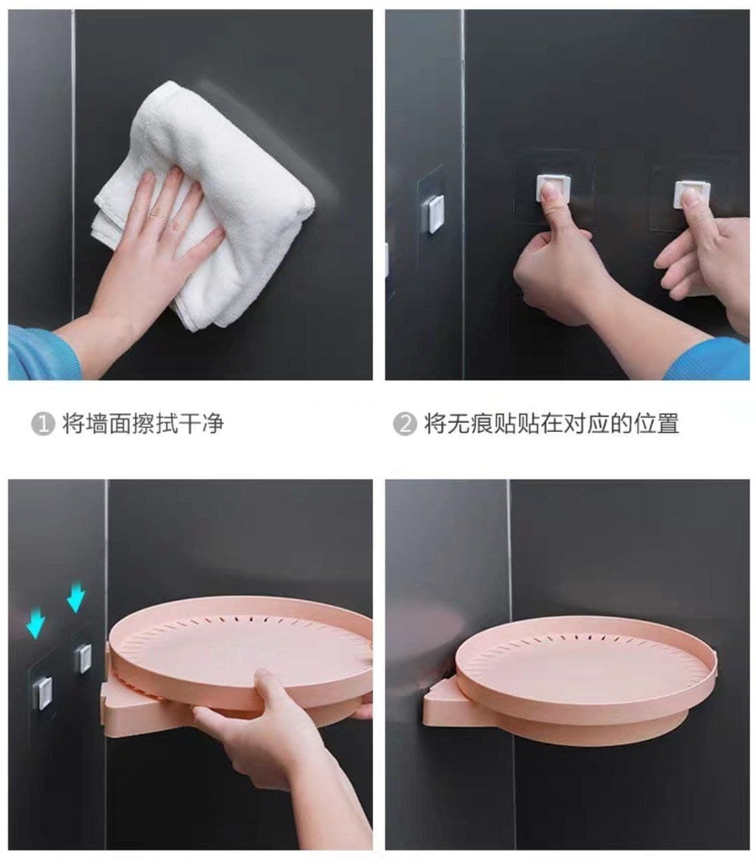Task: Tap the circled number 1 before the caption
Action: point(42,424)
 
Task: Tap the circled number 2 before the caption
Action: point(404,424)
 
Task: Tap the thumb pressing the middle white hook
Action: point(551,205)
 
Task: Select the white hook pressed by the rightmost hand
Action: point(691,193)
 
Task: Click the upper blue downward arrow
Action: point(76,597)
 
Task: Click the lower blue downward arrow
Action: point(35,623)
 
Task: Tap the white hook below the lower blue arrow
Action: point(42,693)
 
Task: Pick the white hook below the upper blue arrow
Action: point(83,658)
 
